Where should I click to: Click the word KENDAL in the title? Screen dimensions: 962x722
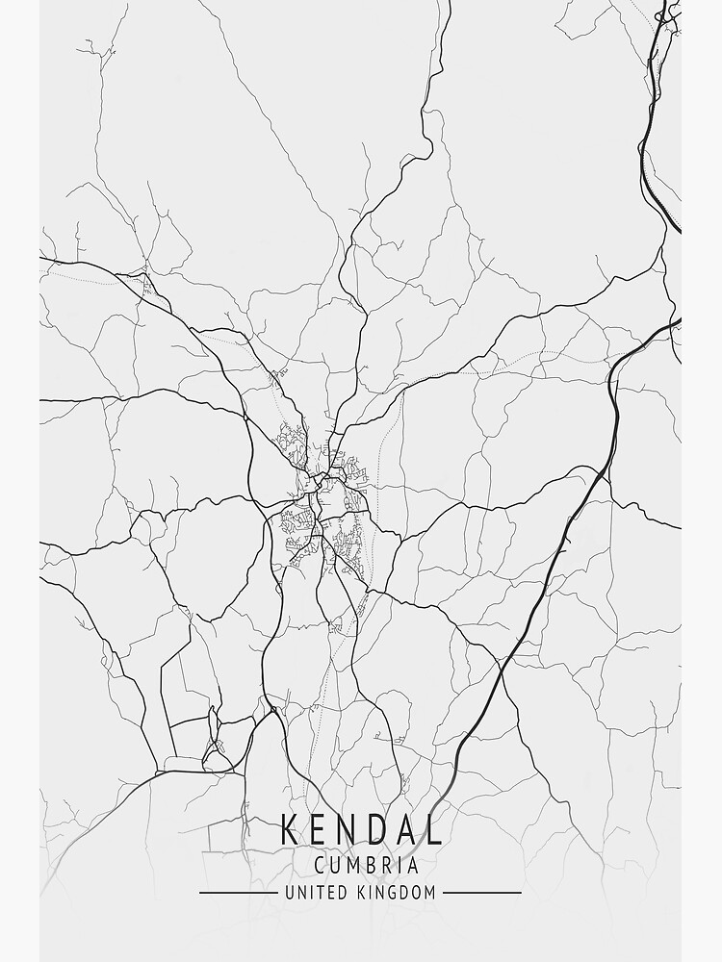[x=361, y=829]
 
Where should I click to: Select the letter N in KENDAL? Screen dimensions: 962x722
[x=348, y=829]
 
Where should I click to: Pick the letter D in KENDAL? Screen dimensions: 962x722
[x=377, y=829]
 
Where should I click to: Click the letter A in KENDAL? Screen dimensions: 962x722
[x=406, y=829]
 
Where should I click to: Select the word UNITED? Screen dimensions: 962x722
[x=315, y=893]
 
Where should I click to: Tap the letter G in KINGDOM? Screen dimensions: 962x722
[x=395, y=893]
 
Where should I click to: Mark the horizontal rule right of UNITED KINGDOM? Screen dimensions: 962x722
[x=481, y=893]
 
